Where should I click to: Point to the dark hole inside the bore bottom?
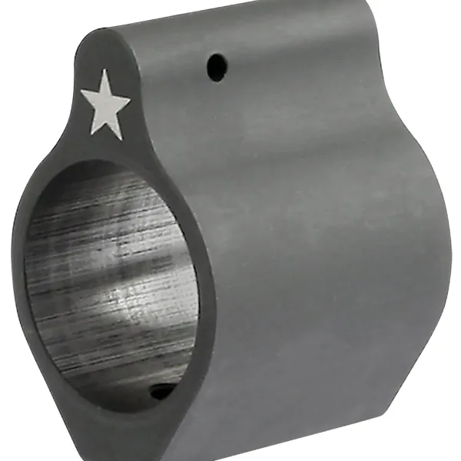tap(162, 393)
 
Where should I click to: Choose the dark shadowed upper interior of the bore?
tap(92, 192)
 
